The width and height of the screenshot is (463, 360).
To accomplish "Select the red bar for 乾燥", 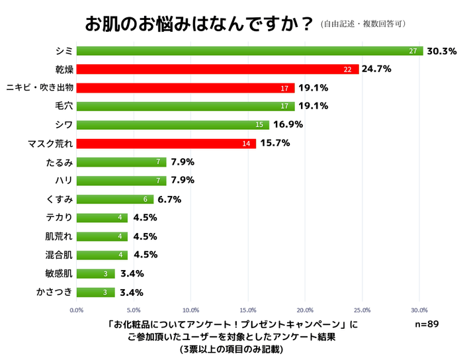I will click(218, 69).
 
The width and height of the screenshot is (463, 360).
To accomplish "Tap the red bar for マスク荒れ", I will click(166, 144).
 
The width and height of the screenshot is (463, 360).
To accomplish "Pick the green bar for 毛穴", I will click(185, 107).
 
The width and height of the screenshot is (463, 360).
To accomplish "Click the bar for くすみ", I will click(115, 199).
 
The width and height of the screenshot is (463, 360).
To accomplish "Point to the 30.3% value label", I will click(442, 51).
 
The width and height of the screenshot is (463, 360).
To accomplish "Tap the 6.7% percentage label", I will click(169, 199).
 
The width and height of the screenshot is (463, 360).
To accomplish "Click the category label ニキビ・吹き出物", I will click(39, 88).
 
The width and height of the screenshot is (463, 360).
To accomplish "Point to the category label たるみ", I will click(59, 162).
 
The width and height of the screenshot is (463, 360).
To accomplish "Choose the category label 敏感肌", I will click(59, 273).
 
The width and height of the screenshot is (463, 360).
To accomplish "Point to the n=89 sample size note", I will click(427, 324).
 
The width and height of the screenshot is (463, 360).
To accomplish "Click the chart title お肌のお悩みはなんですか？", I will click(199, 23).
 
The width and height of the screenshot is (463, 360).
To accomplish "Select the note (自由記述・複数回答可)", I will click(363, 24).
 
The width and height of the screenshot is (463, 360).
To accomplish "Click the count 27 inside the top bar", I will click(413, 51).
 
